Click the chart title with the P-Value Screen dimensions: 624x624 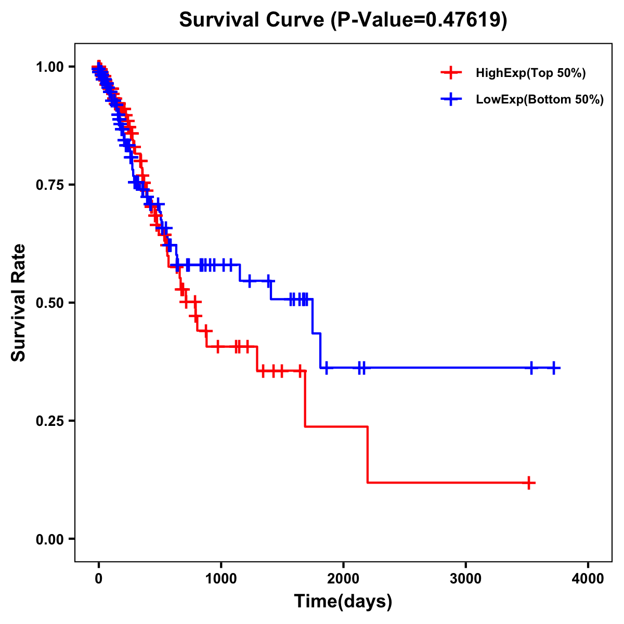point(343,20)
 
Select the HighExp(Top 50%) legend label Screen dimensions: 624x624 point(531,73)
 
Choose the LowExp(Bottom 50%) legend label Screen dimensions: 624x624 point(540,100)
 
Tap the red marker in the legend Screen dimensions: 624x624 point(451,73)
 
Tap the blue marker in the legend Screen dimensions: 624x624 point(451,99)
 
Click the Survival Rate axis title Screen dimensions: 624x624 point(19,302)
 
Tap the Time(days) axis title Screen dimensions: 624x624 point(343,602)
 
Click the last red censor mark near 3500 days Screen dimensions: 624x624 point(529,483)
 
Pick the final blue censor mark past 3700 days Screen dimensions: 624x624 point(554,368)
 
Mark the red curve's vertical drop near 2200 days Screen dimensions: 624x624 point(368,454)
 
